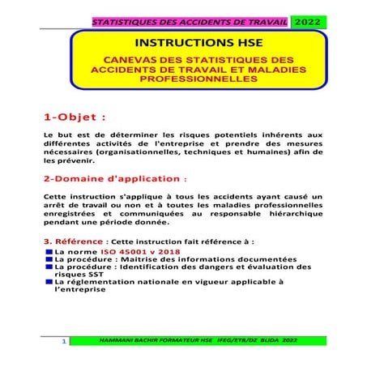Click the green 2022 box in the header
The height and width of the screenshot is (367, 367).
[307, 23]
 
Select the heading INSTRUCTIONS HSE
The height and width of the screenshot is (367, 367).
[183, 42]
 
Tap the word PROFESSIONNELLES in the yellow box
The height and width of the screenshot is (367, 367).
[183, 80]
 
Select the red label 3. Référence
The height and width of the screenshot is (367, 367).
[74, 241]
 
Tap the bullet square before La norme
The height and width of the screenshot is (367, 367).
[49, 251]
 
